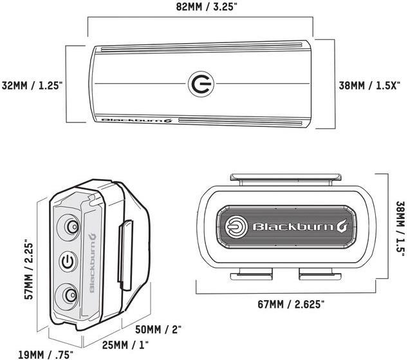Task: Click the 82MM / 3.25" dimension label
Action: click(x=199, y=7)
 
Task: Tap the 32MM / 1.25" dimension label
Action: click(x=32, y=85)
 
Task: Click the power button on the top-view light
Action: click(x=199, y=84)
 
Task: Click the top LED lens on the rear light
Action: click(x=68, y=226)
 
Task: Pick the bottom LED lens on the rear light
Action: click(x=68, y=294)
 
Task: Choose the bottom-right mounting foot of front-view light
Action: click(x=320, y=272)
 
